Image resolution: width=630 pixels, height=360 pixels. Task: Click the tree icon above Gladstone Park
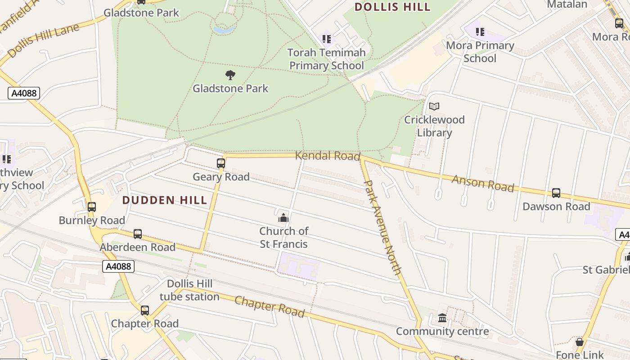(x=230, y=75)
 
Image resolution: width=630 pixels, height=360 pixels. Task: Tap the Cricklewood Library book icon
(x=434, y=106)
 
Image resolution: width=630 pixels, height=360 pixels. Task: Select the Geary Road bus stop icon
(x=220, y=163)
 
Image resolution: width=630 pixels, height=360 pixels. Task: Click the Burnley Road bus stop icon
(x=92, y=207)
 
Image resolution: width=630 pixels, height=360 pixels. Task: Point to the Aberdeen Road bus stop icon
(x=138, y=234)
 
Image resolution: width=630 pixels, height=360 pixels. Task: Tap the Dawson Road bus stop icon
(x=556, y=193)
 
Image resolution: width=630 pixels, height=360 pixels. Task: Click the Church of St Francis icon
(x=283, y=218)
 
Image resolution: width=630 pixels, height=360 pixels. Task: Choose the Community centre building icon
(x=442, y=318)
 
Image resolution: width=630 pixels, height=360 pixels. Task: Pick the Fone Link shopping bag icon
(x=580, y=342)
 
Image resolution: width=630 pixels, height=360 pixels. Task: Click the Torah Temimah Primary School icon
(x=327, y=39)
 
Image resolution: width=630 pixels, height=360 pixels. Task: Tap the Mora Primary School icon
(x=480, y=32)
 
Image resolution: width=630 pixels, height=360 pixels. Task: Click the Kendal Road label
(x=328, y=156)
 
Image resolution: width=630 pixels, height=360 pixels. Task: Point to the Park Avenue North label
(x=382, y=227)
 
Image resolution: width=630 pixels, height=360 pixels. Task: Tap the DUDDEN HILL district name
(x=165, y=200)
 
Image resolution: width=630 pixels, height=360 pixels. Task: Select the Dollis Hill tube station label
(x=189, y=290)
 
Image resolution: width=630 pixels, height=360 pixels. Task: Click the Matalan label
(x=567, y=4)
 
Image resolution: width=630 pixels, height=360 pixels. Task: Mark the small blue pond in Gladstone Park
(x=225, y=30)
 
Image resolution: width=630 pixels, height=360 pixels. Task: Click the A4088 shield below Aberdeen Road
(x=119, y=266)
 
